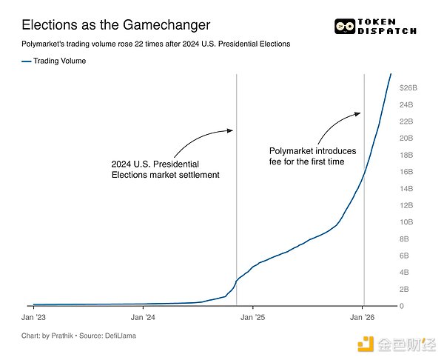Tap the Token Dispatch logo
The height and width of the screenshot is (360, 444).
pyautogui.click(x=375, y=27)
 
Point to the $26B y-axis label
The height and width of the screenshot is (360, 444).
pyautogui.click(x=408, y=87)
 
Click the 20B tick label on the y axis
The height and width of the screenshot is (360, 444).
pyautogui.click(x=406, y=138)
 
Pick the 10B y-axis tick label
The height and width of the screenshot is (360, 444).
pyautogui.click(x=406, y=222)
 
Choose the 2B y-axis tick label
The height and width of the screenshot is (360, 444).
pyautogui.click(x=406, y=289)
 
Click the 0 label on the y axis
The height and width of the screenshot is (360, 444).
pyautogui.click(x=402, y=306)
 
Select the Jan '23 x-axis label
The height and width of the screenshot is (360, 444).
pyautogui.click(x=34, y=318)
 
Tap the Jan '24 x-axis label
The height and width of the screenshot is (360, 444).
pyautogui.click(x=143, y=318)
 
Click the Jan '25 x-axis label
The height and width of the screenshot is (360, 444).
pyautogui.click(x=252, y=318)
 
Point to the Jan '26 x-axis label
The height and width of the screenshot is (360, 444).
pyautogui.click(x=362, y=318)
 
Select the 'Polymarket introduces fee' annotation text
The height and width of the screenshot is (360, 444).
pyautogui.click(x=312, y=156)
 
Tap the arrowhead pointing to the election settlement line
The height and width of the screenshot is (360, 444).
pyautogui.click(x=230, y=131)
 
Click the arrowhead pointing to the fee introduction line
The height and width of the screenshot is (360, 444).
pyautogui.click(x=359, y=113)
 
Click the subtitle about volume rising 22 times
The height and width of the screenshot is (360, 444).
pyautogui.click(x=155, y=44)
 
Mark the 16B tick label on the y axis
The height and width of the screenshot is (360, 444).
pyautogui.click(x=406, y=172)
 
